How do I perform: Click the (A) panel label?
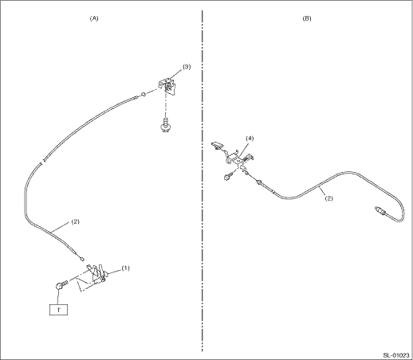(x=94, y=18)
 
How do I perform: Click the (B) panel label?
(x=307, y=18)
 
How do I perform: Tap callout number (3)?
(x=187, y=67)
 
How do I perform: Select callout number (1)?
(x=126, y=268)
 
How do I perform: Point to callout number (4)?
(x=250, y=139)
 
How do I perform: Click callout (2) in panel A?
(x=76, y=221)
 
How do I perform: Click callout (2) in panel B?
(x=329, y=198)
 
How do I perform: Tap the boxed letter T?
(x=59, y=310)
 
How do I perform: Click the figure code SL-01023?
(x=396, y=355)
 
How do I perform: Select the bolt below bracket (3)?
(x=165, y=125)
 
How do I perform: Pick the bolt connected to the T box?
(x=62, y=285)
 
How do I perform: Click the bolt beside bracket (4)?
(x=229, y=176)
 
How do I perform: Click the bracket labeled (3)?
(x=167, y=85)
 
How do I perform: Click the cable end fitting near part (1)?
(x=81, y=257)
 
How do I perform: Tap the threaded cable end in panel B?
(x=380, y=210)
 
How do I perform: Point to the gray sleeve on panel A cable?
(x=26, y=202)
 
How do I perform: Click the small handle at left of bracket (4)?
(x=216, y=146)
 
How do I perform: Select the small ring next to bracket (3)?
(x=143, y=94)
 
